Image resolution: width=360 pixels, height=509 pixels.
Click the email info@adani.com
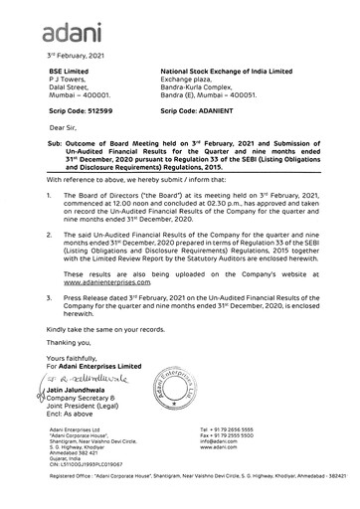246,441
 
